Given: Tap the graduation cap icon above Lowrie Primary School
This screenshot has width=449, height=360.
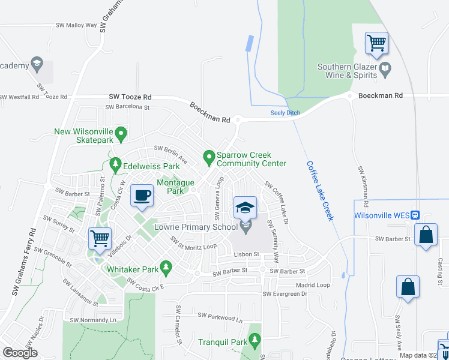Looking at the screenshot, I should point(245,208).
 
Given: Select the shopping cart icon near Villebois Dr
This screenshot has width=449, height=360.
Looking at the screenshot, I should point(100,238).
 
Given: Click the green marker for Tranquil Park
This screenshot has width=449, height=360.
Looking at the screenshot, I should point(255,341).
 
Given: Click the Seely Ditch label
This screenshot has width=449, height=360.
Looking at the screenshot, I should point(285,113).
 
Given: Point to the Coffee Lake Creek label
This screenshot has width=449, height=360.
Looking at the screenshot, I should point(319,190).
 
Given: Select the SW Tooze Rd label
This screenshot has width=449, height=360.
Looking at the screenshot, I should point(130,97).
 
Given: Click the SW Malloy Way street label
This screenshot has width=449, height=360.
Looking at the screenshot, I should point(76,25).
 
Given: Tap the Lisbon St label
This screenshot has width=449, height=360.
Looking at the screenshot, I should point(247,254).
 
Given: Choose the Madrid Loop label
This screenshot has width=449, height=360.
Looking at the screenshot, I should point(313,285).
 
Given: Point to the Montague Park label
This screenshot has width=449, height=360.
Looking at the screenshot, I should point(175,187).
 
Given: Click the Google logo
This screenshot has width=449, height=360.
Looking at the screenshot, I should point(20,352).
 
